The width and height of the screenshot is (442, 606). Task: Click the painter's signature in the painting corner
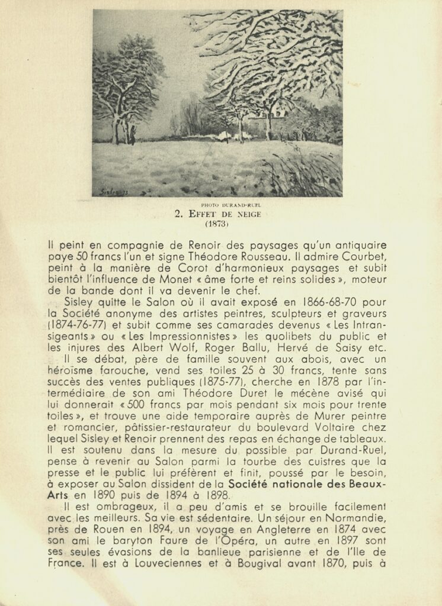coord(110,192)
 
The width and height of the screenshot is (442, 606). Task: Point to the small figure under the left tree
coord(132,136)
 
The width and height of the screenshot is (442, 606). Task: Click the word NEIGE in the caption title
coord(246,215)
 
